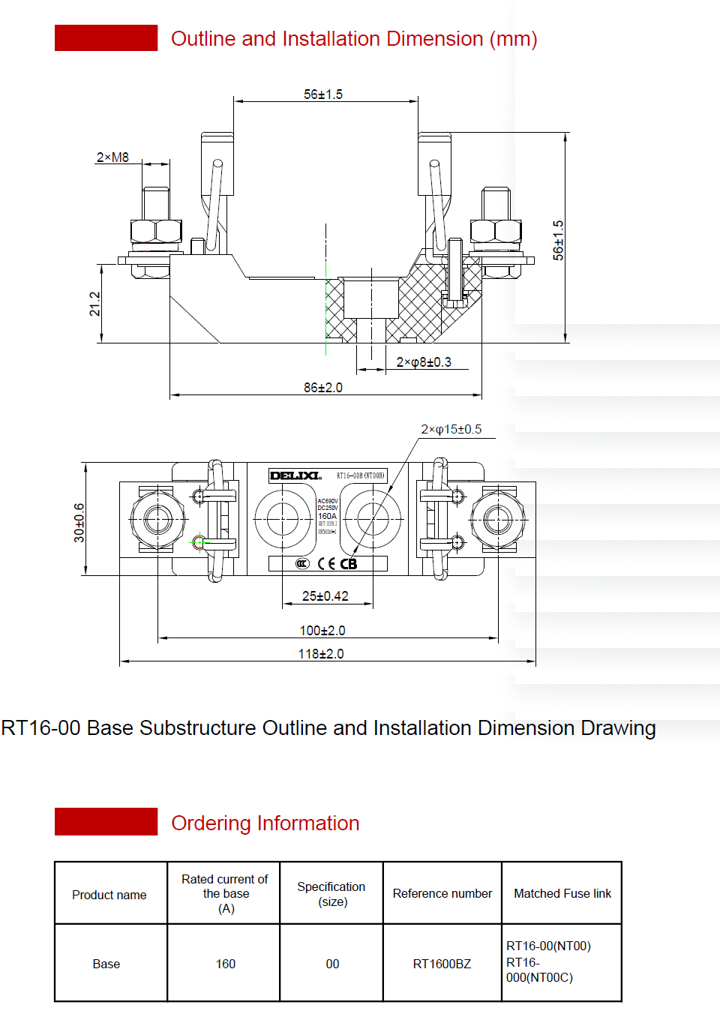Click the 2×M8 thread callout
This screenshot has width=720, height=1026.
(112, 157)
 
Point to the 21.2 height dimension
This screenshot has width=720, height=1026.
(95, 304)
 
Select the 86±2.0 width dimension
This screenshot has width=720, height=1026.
(323, 388)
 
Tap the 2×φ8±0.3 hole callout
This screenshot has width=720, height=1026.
(424, 362)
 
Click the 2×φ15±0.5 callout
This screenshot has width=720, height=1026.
(451, 429)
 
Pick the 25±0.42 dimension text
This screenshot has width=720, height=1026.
(325, 596)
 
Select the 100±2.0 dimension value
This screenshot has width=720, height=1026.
(322, 631)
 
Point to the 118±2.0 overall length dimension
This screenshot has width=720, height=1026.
(321, 654)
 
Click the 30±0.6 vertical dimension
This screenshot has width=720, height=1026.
(79, 522)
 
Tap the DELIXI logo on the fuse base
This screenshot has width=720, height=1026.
(295, 475)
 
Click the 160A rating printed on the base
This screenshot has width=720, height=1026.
(327, 516)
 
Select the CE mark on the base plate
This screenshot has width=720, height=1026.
(326, 564)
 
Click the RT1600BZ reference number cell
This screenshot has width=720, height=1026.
(442, 964)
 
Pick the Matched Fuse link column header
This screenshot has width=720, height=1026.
(562, 893)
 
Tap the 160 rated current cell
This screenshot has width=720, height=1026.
(226, 964)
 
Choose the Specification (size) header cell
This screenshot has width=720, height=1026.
(331, 894)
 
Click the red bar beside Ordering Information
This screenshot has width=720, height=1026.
(106, 822)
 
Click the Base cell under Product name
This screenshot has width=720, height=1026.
(106, 964)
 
